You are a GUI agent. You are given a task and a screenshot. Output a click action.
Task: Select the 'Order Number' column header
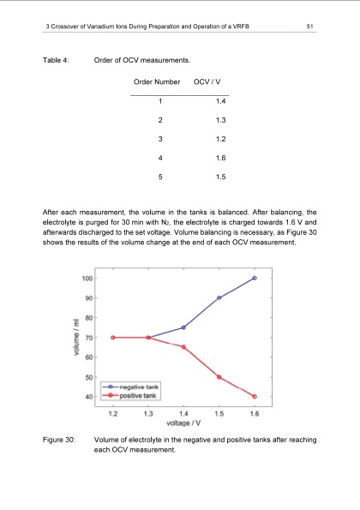(x=156, y=81)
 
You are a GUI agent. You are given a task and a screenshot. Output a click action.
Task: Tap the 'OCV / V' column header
(x=209, y=81)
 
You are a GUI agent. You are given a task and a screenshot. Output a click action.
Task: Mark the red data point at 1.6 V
(x=255, y=396)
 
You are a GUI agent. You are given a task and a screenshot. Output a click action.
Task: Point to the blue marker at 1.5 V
(x=219, y=297)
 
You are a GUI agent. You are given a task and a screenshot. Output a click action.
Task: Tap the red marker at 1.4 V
(x=183, y=346)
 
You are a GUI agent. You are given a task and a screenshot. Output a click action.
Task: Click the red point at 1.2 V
(x=113, y=338)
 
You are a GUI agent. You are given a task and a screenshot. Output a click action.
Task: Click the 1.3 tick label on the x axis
(x=148, y=412)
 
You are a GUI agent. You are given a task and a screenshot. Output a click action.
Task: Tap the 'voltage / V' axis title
(x=183, y=422)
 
